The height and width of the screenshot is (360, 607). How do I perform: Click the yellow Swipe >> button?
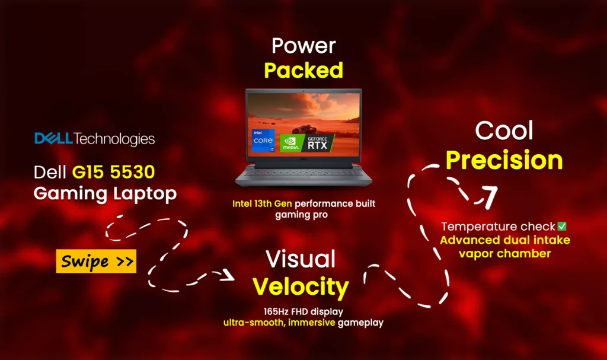coord(96,261)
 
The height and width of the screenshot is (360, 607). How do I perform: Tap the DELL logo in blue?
coord(53,138)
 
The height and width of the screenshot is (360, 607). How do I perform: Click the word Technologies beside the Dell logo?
coord(114,139)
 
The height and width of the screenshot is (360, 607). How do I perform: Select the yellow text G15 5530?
coord(113,171)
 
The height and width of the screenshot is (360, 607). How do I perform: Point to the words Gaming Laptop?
coord(105,194)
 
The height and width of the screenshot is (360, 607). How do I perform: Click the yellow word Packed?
coord(303,70)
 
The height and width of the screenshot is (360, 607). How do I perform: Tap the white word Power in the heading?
coord(303,46)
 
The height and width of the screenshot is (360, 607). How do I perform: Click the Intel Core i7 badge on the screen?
coord(263,140)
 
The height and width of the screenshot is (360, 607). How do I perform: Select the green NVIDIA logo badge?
coord(290,143)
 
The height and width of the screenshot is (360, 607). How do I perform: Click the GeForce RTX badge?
coord(318,143)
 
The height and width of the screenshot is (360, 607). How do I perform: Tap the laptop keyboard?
coord(303,173)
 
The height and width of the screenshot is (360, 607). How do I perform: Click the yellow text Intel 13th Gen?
coord(262,203)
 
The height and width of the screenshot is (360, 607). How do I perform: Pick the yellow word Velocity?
coord(301,287)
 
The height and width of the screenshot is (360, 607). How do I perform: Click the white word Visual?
coord(301,259)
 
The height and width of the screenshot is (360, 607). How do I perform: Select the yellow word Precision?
coord(504,160)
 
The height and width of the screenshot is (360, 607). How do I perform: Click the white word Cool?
coord(504,130)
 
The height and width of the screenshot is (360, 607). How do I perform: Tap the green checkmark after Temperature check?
coord(562,226)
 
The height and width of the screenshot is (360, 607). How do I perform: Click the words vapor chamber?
coord(505,253)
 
